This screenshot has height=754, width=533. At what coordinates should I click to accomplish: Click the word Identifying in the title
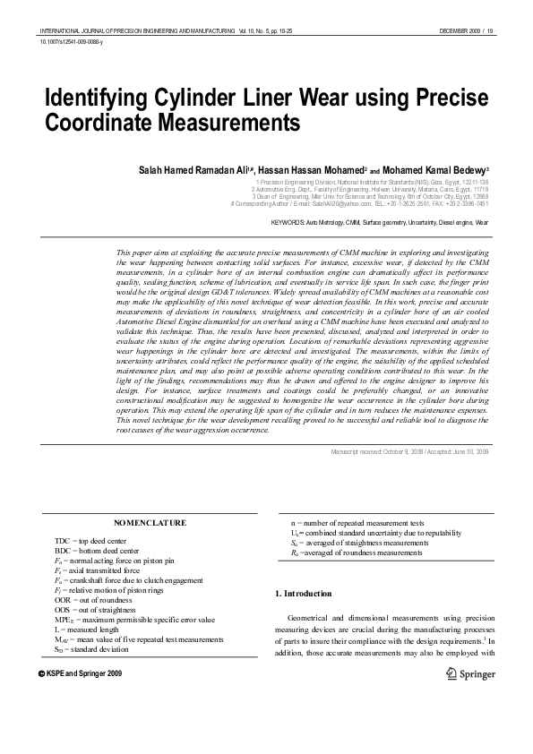click(x=98, y=98)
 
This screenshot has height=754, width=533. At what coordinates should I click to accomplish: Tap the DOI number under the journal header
click(x=72, y=42)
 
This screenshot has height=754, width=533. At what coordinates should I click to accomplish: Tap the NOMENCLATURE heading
click(x=150, y=521)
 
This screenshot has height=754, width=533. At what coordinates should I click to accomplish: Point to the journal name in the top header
click(x=125, y=30)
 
